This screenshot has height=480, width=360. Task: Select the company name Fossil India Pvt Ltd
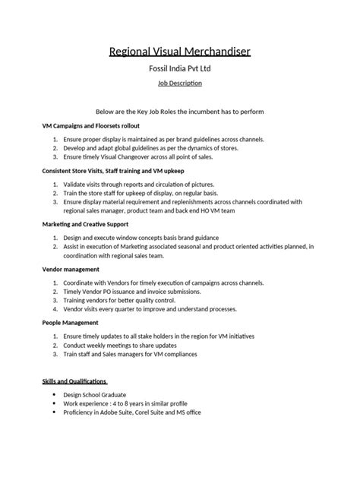[180, 71]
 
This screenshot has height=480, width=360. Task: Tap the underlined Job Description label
[180, 86]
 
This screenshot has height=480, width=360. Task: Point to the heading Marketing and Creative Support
[85, 224]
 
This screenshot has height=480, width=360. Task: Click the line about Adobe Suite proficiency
[142, 413]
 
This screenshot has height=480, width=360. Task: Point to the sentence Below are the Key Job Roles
[180, 111]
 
